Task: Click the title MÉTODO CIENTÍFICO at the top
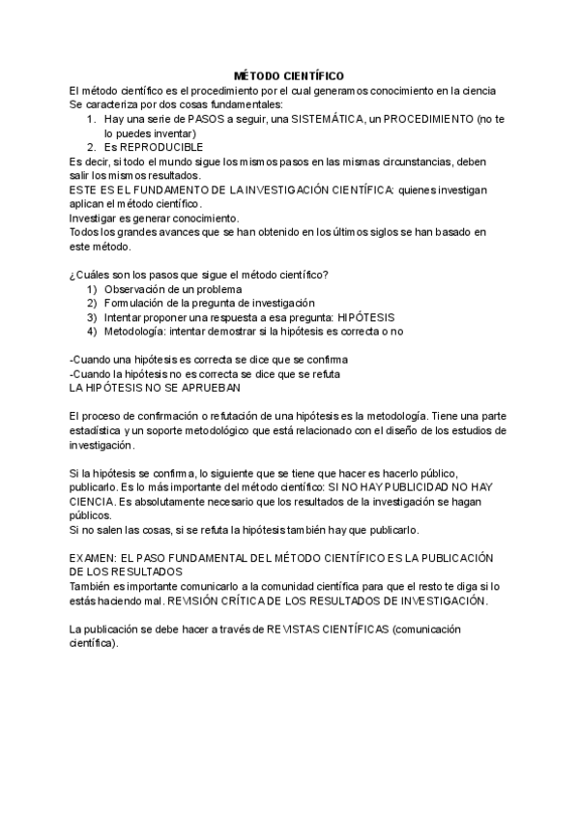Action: click(289, 75)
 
